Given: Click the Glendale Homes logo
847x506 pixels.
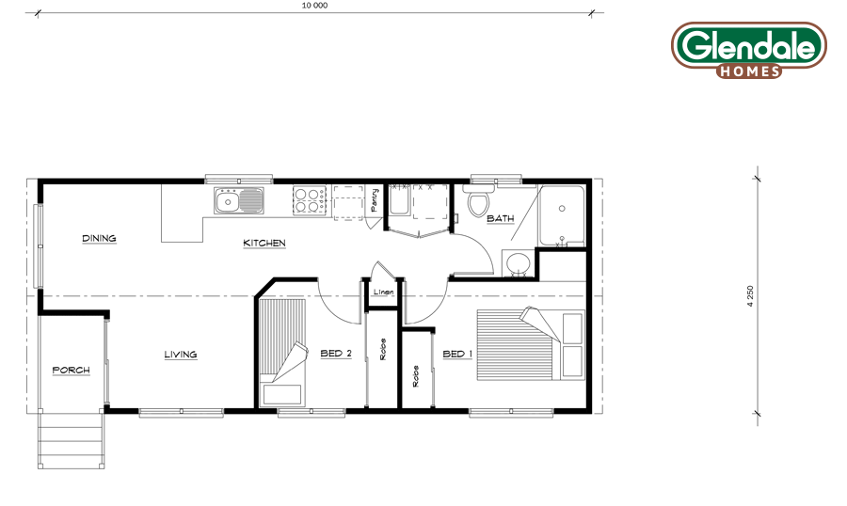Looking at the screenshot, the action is point(749,50).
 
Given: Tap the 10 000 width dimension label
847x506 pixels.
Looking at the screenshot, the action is point(314,6).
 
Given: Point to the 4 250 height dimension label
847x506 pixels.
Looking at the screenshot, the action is point(750,296).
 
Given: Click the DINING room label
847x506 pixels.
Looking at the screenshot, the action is point(99,238).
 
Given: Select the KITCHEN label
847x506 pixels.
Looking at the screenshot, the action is point(264,243).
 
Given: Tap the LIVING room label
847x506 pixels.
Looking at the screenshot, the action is point(181,355).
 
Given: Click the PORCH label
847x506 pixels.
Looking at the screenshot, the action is point(71,370).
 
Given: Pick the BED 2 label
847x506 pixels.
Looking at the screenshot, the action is point(336,354).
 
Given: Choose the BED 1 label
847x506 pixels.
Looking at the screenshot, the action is point(457,354).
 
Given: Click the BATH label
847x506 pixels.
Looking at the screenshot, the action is point(501,218).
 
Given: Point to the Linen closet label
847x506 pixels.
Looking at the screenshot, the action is point(384,292).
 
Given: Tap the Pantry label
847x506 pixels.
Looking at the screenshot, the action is point(375,199).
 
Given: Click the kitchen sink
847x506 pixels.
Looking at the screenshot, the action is point(239,201).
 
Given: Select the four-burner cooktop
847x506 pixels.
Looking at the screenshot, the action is point(310,200).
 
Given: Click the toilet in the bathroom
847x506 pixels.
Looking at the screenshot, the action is point(478,200).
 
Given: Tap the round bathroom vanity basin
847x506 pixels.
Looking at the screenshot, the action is point(518,263).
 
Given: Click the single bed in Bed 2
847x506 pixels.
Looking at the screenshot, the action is point(281,352).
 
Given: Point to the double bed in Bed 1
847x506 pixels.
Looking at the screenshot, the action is point(531,344).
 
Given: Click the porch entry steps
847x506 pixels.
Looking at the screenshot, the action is point(71,440).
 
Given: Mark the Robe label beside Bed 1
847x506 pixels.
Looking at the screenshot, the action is point(415,376).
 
